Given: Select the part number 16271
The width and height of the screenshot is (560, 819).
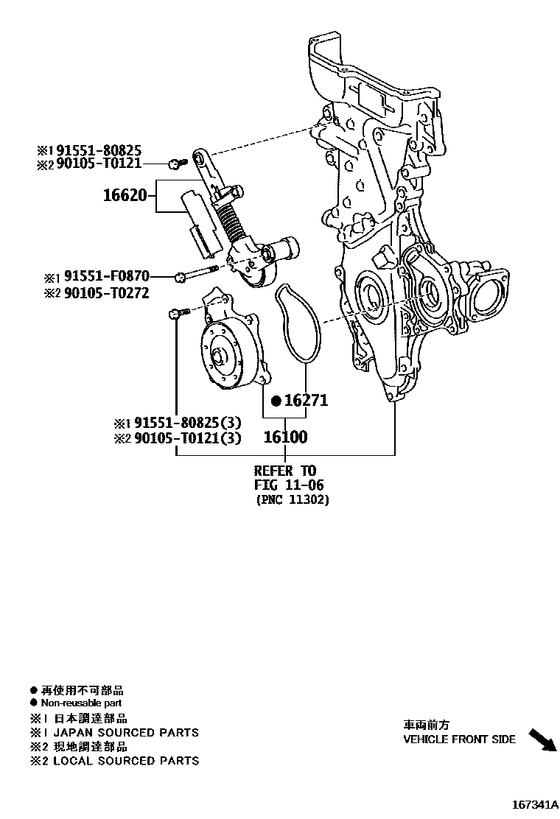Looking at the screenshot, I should [304, 401].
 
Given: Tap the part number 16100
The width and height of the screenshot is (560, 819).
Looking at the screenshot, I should [285, 437].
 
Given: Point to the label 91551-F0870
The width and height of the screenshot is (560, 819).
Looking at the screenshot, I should [106, 276].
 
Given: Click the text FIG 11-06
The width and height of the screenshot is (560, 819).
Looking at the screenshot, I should [289, 485].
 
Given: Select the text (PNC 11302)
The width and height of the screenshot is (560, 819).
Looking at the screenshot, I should [293, 500].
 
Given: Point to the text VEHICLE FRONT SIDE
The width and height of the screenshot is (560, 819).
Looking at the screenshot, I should [459, 739].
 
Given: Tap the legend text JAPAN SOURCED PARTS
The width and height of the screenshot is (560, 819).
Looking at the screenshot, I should [125, 732].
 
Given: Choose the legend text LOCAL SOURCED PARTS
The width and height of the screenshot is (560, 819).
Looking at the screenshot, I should [125, 761].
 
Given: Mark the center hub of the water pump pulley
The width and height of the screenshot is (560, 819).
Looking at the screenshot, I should [220, 358].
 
